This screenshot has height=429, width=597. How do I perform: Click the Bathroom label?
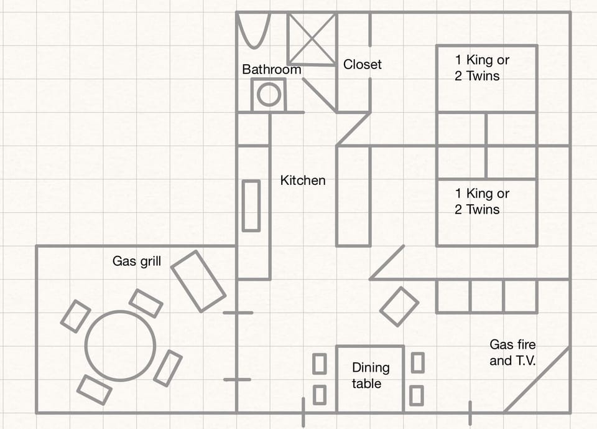click(271, 69)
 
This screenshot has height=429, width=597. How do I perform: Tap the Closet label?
click(362, 64)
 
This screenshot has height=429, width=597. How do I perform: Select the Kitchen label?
click(303, 181)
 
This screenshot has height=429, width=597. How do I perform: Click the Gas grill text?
click(136, 261)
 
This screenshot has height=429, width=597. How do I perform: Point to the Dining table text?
click(370, 375)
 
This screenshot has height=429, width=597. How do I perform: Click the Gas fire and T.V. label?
click(512, 352)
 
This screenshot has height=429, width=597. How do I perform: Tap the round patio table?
click(120, 346)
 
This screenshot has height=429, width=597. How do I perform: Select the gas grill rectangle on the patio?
click(198, 281)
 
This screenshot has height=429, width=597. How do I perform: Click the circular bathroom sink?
click(269, 95)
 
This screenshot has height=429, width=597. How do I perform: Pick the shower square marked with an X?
click(312, 39)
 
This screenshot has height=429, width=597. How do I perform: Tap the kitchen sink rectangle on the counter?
click(251, 205)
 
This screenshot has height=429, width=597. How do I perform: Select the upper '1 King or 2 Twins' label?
click(482, 68)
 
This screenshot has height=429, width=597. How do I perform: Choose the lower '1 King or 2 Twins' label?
click(482, 202)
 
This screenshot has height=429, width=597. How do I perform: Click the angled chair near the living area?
click(399, 306)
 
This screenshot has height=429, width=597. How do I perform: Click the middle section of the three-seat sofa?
click(486, 296)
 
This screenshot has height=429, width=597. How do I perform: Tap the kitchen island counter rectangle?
click(353, 196)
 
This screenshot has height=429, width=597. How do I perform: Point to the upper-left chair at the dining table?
click(319, 364)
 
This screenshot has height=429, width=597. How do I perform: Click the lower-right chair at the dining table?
click(417, 395)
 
